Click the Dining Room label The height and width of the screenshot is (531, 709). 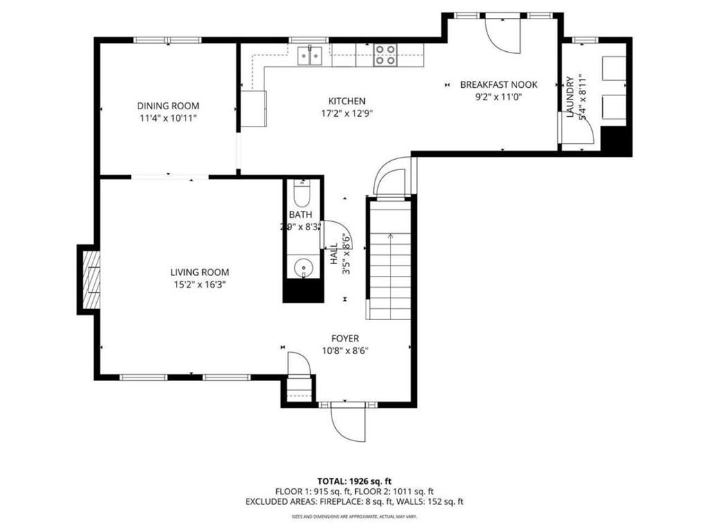pos(168,106)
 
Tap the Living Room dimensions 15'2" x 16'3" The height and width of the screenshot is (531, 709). pos(199,284)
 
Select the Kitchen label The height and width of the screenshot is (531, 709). pos(346,101)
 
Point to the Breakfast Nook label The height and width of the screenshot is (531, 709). pos(499,84)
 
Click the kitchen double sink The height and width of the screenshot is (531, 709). pos(310,56)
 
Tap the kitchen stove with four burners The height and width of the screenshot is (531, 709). pos(386,55)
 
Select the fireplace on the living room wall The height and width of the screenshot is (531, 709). pos(91,280)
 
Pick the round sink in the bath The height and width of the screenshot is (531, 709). pos(303,267)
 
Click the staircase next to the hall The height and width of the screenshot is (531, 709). pos(391,259)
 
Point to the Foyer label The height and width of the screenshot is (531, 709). pos(344,338)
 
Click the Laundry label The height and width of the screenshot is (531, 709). pos(570,97)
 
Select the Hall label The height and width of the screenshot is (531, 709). pos(334,254)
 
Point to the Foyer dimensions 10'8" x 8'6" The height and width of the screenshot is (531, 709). pos(344,351)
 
